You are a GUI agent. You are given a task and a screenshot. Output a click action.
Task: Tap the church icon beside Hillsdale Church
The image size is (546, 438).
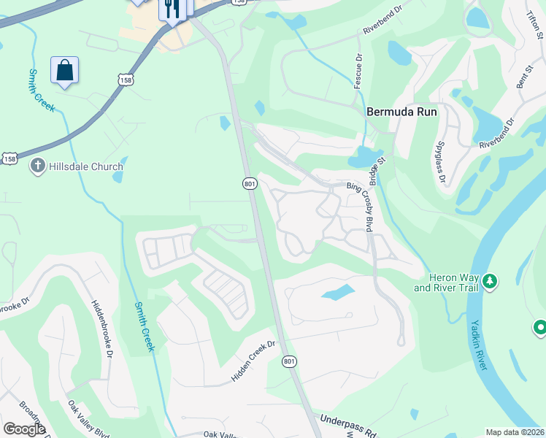[37, 166]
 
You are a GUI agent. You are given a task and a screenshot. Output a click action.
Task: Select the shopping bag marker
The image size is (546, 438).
[64, 71]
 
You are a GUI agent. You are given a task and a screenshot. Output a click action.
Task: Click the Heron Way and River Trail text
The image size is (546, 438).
[446, 283]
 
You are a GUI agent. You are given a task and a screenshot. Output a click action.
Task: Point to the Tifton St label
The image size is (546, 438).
[533, 22]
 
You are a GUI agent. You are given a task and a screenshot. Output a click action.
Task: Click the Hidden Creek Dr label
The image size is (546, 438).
[253, 361]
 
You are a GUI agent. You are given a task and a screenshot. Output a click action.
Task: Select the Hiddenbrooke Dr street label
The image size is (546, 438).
[102, 328]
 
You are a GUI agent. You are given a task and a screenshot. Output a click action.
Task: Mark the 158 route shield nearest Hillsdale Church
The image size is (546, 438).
[9, 158]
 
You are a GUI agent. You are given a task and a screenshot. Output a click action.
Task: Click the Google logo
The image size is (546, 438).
[24, 429]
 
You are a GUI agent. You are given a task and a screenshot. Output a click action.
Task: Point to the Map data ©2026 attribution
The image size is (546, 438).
[515, 432]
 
